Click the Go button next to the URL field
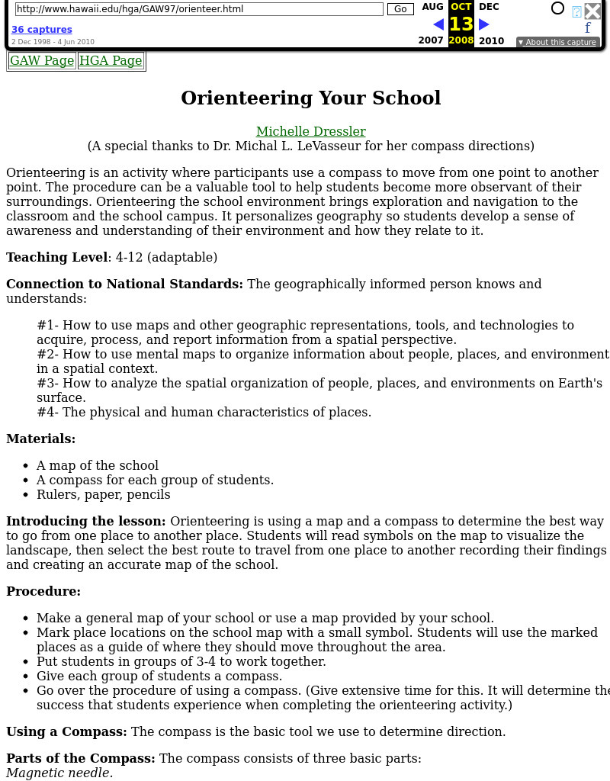pyautogui.click(x=400, y=9)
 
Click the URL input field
pyautogui.click(x=198, y=9)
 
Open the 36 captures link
pyautogui.click(x=41, y=30)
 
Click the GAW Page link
pyautogui.click(x=42, y=61)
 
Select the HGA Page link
pyautogui.click(x=111, y=61)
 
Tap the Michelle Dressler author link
pyautogui.click(x=310, y=131)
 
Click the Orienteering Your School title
pyautogui.click(x=310, y=98)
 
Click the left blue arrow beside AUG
pyautogui.click(x=438, y=24)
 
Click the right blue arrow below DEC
pyautogui.click(x=483, y=24)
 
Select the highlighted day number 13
pyautogui.click(x=461, y=24)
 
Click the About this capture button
pyautogui.click(x=557, y=42)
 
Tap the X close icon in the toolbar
pyautogui.click(x=592, y=11)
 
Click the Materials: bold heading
pyautogui.click(x=41, y=439)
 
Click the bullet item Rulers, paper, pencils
pyautogui.click(x=103, y=495)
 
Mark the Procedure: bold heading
pyautogui.click(x=43, y=592)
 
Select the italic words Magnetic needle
pyautogui.click(x=59, y=773)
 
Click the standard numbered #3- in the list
pyautogui.click(x=47, y=384)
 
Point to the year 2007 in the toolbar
pyautogui.click(x=431, y=40)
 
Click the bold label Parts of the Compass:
pyautogui.click(x=81, y=759)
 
